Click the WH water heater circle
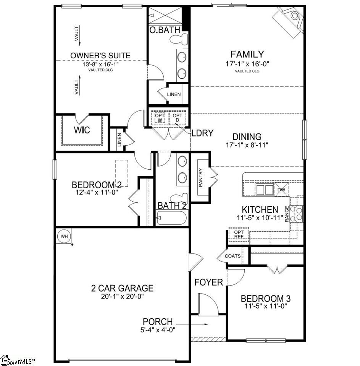pyautogui.click(x=64, y=236)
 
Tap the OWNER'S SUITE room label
pyautogui.click(x=100, y=56)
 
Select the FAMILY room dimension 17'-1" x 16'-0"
pyautogui.click(x=247, y=64)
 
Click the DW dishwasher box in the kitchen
pyautogui.click(x=281, y=189)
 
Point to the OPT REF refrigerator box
pyautogui.click(x=239, y=234)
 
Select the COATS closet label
pyautogui.click(x=232, y=256)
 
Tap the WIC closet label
pyautogui.click(x=82, y=130)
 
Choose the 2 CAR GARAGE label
pyautogui.click(x=122, y=288)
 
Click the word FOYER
pyautogui.click(x=208, y=283)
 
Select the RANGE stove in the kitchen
pyautogui.click(x=297, y=213)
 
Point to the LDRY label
pyautogui.click(x=202, y=133)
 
